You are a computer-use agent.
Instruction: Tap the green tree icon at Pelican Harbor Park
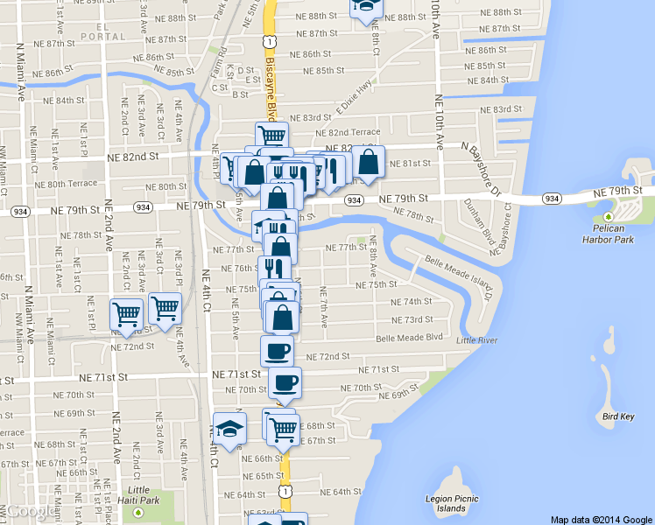(609, 216)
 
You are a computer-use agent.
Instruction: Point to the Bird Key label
(618, 416)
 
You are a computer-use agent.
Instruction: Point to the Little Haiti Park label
(138, 494)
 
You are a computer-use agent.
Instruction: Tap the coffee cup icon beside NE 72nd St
(278, 351)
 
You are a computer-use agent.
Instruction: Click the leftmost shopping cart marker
(126, 313)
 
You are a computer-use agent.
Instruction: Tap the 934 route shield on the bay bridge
(551, 199)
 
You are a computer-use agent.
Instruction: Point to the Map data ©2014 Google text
(602, 519)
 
